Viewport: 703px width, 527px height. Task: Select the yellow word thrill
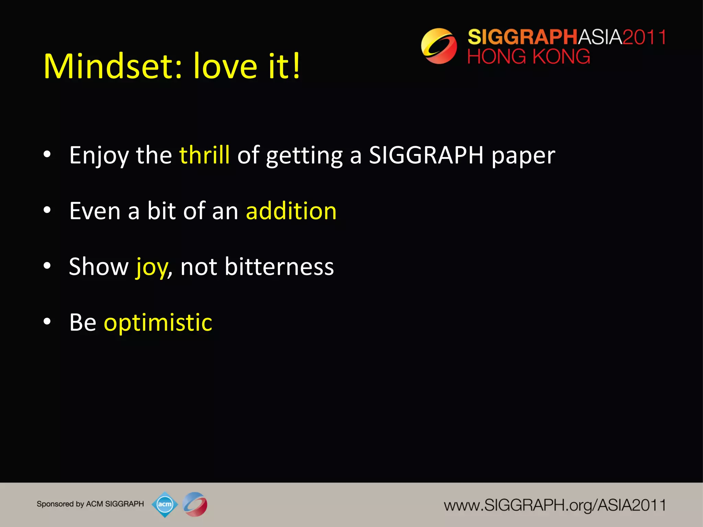(204, 155)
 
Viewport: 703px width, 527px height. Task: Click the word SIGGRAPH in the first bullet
(426, 155)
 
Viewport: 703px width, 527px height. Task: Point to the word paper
(523, 156)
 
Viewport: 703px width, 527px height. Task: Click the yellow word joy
(151, 267)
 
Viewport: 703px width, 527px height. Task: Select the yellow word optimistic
(158, 323)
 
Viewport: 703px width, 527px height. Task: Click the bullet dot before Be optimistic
(47, 321)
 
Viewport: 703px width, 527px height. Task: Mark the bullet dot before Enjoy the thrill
(47, 154)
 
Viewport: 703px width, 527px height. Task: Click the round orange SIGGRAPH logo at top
(439, 46)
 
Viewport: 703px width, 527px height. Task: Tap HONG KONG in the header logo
(529, 57)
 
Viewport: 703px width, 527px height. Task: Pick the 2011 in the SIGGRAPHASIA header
(644, 37)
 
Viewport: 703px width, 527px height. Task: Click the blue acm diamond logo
(165, 504)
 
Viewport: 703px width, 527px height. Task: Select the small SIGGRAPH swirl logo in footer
(195, 504)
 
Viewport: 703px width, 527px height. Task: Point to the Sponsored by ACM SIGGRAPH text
(90, 504)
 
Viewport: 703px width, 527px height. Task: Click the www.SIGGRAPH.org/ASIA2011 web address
(554, 505)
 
